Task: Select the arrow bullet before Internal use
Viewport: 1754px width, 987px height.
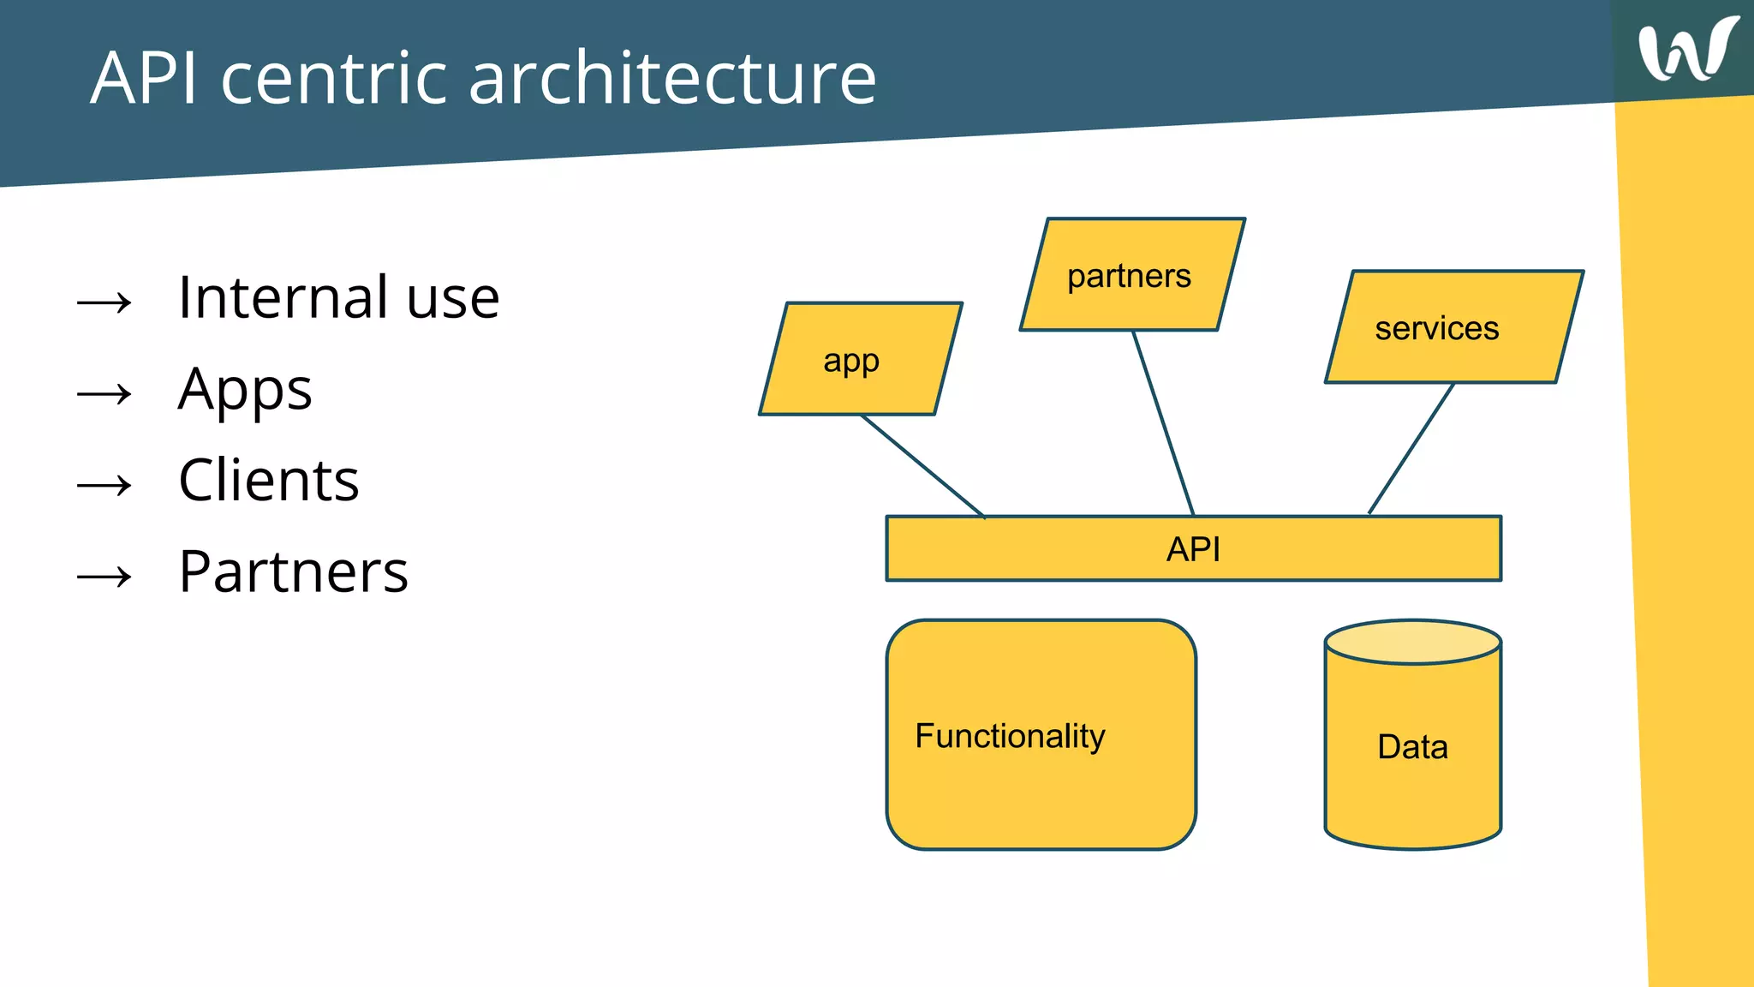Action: click(x=104, y=302)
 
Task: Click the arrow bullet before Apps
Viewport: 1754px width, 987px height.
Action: click(x=104, y=394)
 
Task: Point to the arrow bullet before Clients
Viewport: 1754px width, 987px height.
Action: click(x=104, y=486)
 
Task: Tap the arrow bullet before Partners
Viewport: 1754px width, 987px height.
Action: click(x=104, y=577)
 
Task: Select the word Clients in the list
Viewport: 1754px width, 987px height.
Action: click(x=269, y=481)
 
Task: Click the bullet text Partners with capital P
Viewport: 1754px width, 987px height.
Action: click(x=294, y=571)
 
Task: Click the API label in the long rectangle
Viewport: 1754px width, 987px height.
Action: click(x=1193, y=549)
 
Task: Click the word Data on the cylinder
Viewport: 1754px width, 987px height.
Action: click(x=1412, y=747)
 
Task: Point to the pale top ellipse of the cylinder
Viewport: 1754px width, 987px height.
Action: click(x=1412, y=642)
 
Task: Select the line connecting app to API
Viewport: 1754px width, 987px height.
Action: click(x=923, y=466)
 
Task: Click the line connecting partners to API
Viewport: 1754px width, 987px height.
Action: click(x=1163, y=423)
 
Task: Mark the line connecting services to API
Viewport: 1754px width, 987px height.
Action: click(x=1411, y=448)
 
